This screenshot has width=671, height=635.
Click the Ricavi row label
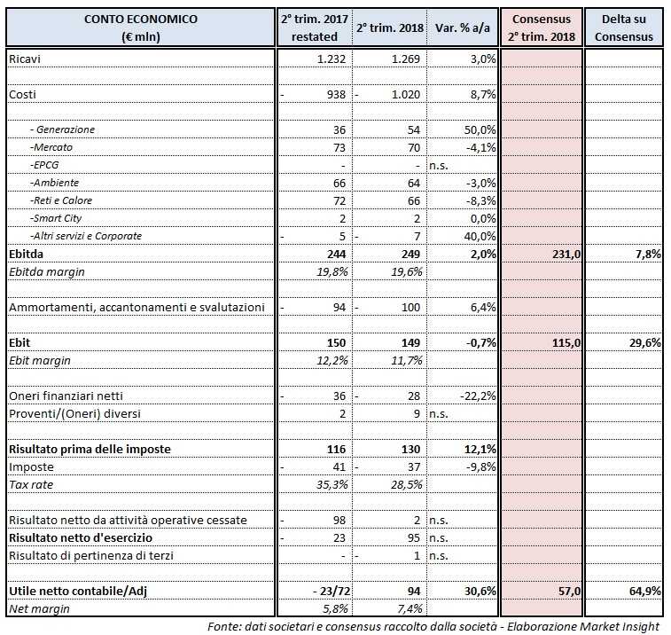pyautogui.click(x=26, y=59)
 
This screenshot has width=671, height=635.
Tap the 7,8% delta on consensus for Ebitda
pyautogui.click(x=647, y=254)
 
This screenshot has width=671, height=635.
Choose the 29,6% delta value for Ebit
pyautogui.click(x=644, y=342)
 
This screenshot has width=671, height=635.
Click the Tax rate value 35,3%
pyautogui.click(x=329, y=484)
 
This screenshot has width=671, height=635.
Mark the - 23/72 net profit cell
pyautogui.click(x=323, y=591)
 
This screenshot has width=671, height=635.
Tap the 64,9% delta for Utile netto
pyautogui.click(x=644, y=591)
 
